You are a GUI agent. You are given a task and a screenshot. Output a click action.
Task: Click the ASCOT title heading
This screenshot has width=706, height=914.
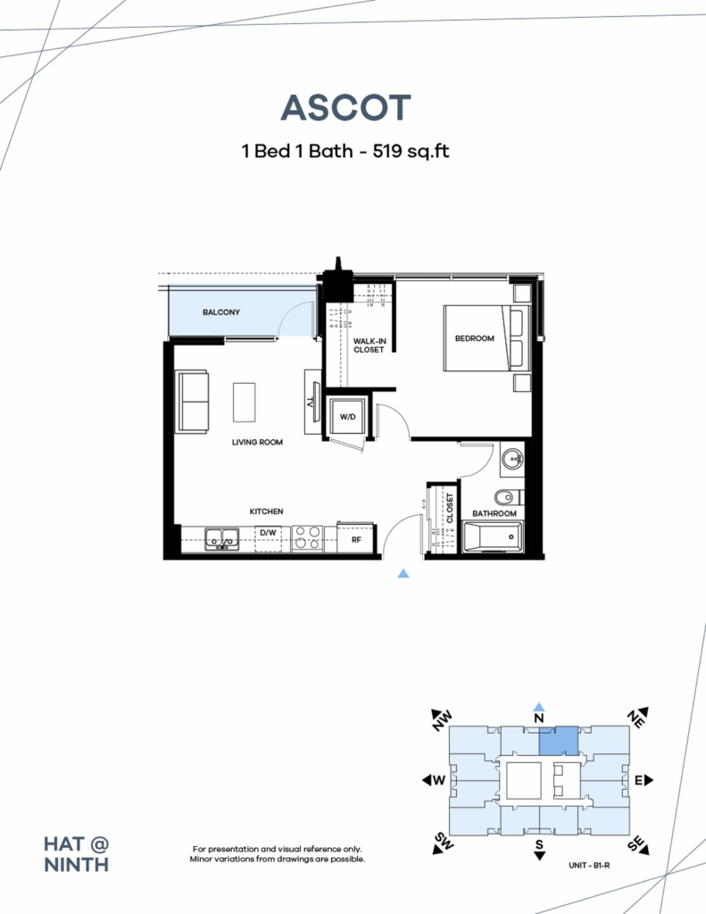tap(345, 108)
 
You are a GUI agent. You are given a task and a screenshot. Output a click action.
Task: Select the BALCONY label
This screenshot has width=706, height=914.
tap(220, 312)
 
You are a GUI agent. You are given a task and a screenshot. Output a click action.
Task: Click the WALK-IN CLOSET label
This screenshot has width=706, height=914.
tap(368, 345)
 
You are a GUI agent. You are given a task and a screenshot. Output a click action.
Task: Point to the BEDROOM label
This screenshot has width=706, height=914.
tap(474, 338)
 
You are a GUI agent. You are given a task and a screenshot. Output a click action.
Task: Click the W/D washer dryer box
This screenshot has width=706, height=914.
tap(346, 416)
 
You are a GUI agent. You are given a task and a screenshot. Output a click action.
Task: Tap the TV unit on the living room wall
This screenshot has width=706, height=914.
tap(311, 402)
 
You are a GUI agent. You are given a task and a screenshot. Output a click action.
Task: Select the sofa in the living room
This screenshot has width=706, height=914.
tap(194, 402)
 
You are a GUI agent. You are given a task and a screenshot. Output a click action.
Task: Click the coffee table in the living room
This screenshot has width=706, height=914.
tap(245, 402)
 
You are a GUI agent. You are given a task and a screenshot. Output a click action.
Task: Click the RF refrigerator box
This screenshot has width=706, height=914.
tap(355, 538)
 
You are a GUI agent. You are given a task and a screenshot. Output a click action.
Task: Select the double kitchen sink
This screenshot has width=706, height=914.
tap(221, 538)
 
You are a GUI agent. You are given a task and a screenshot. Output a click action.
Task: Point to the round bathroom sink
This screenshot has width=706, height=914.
tap(511, 461)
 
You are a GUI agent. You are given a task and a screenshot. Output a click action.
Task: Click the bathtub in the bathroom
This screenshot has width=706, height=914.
tap(493, 537)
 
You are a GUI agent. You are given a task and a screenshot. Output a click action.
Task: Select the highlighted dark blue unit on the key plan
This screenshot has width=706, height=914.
tap(558, 741)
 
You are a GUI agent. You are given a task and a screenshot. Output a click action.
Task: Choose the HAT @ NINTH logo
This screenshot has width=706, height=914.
tap(77, 853)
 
